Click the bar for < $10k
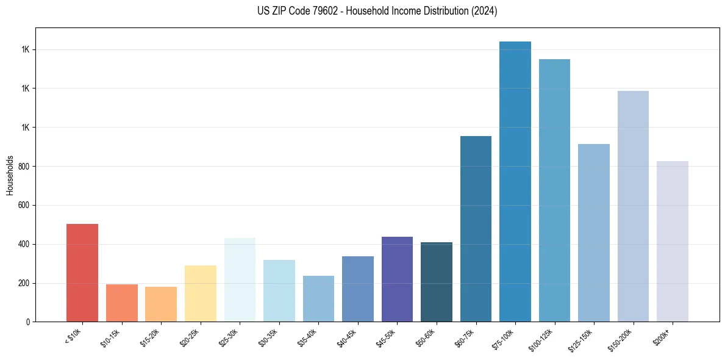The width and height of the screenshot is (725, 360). pyautogui.click(x=82, y=273)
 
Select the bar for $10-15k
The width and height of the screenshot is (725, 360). pyautogui.click(x=121, y=303)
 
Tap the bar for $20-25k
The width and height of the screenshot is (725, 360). pyautogui.click(x=200, y=293)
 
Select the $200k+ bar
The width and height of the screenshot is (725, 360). pyautogui.click(x=673, y=242)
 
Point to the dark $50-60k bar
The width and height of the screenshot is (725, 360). pyautogui.click(x=437, y=282)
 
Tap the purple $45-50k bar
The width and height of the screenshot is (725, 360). pyautogui.click(x=397, y=279)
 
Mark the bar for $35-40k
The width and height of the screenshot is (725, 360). pyautogui.click(x=318, y=298)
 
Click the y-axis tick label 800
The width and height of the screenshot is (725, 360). pyautogui.click(x=24, y=166)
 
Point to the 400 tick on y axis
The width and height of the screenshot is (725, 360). pyautogui.click(x=24, y=244)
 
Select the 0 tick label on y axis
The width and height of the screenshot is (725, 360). pyautogui.click(x=28, y=322)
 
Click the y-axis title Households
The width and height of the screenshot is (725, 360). pyautogui.click(x=10, y=175)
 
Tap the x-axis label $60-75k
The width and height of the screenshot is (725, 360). pyautogui.click(x=466, y=337)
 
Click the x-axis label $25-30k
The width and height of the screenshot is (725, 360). pyautogui.click(x=230, y=337)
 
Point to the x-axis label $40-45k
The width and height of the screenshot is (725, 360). pyautogui.click(x=348, y=337)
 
